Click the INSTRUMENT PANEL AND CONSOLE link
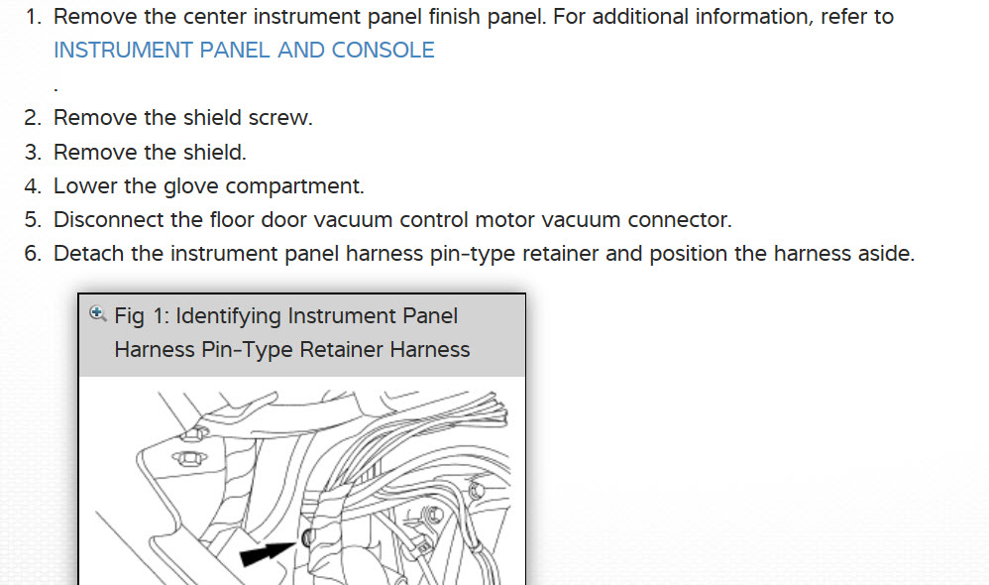244,51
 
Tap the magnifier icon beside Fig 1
97,314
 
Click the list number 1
33,17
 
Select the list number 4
33,185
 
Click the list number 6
33,253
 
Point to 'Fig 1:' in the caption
145,316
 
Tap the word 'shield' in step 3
211,152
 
